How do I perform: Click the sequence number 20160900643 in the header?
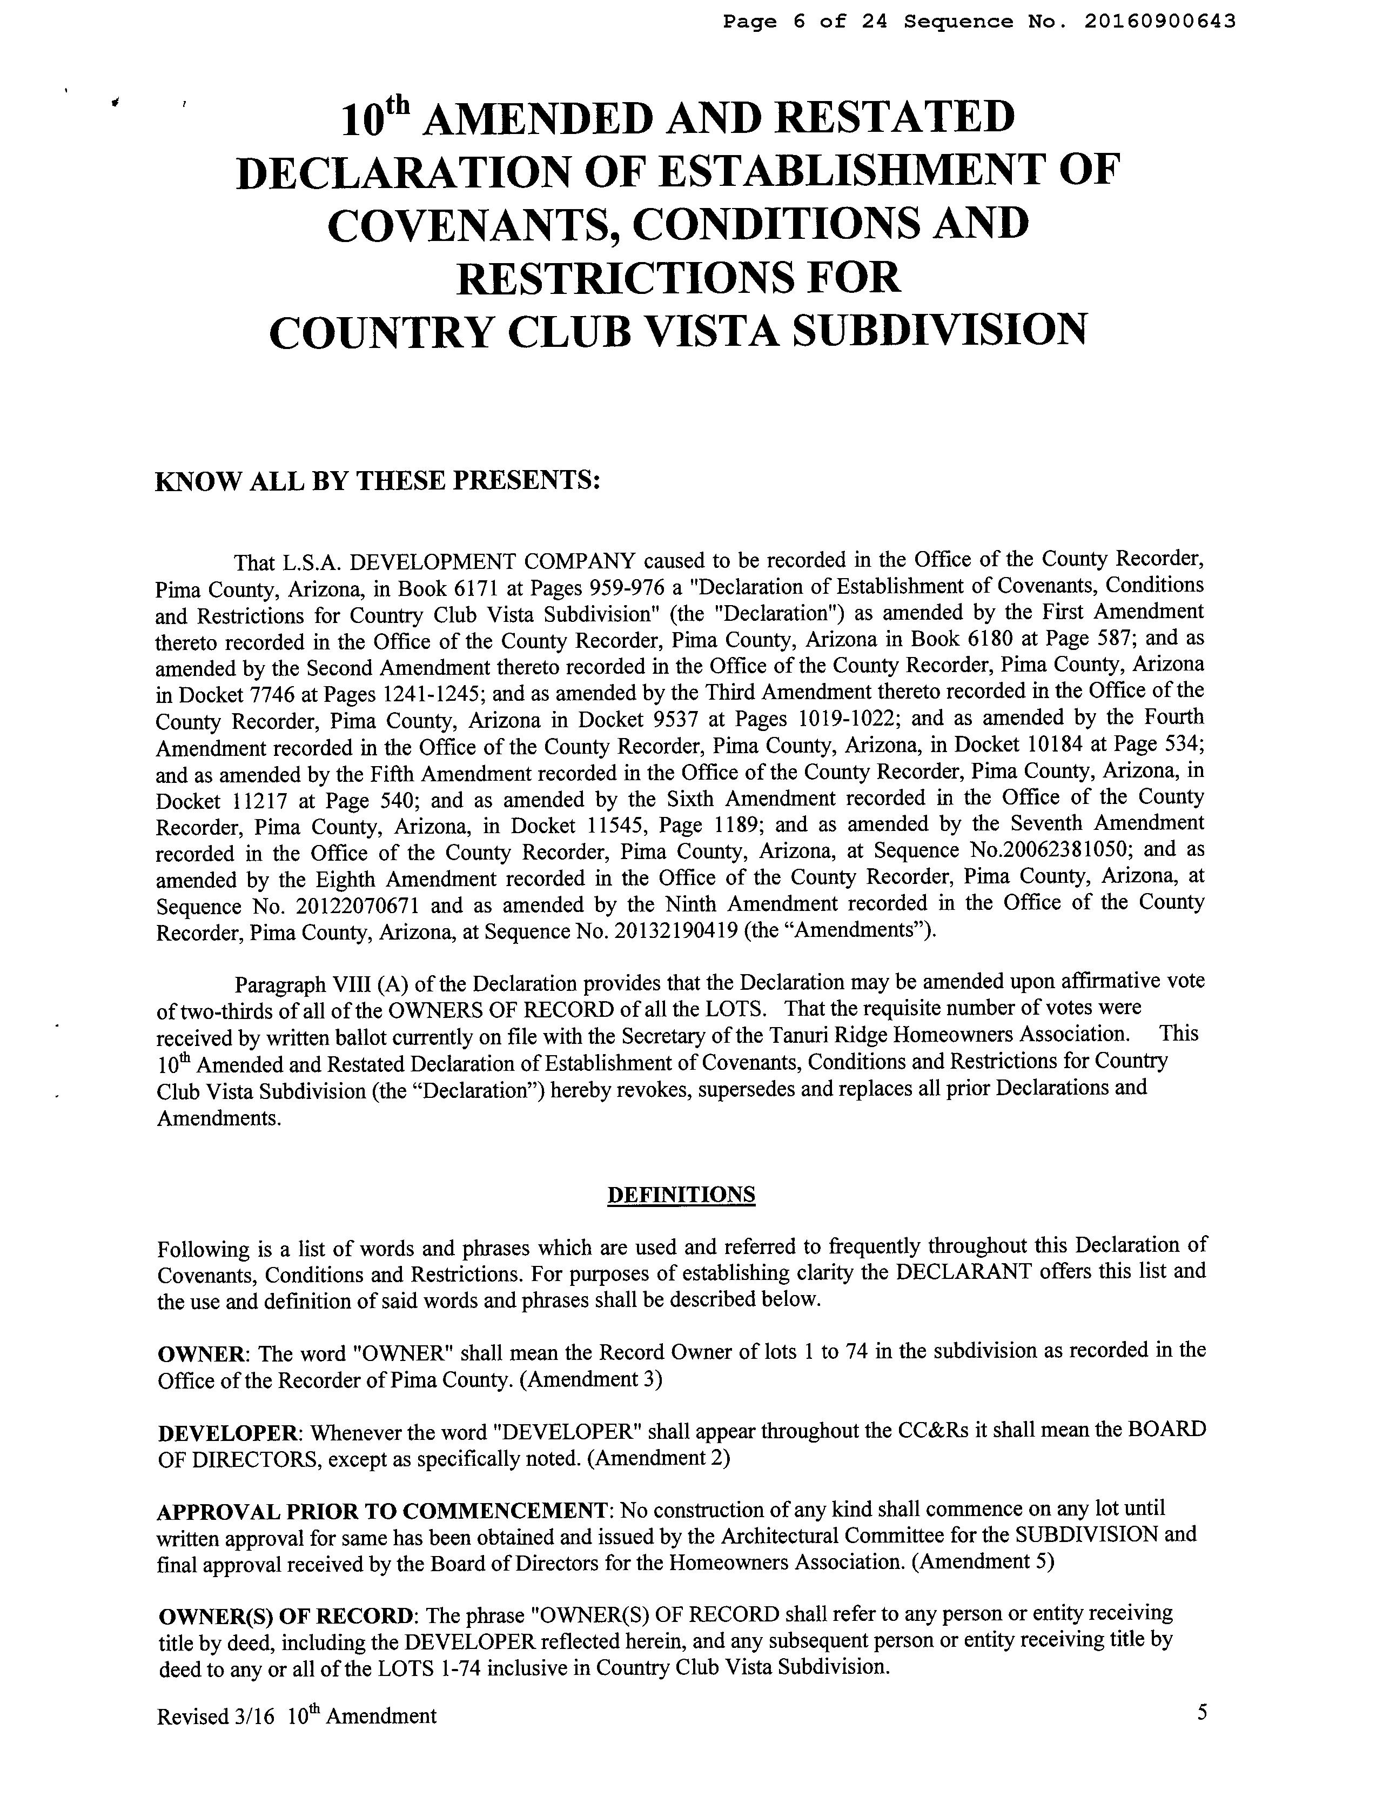pos(1159,22)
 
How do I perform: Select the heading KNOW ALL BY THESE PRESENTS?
pos(378,480)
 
